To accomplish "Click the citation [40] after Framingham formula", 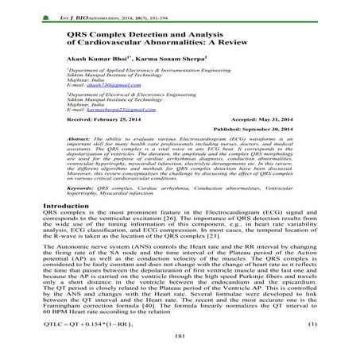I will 145,319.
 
